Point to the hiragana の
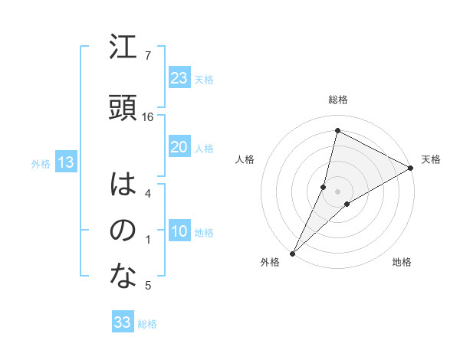pos(123,231)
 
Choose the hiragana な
pos(123,277)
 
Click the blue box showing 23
pos(179,78)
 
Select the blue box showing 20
pos(179,148)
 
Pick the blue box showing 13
pos(65,162)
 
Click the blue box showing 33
pos(123,322)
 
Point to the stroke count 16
pos(149,117)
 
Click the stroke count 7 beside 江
pos(147,56)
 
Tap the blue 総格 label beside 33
pos(147,324)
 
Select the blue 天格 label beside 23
pos(204,79)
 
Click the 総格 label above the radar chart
pos(337,100)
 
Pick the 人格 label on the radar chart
pos(245,159)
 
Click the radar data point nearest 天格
pos(411,169)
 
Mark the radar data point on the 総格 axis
pos(337,131)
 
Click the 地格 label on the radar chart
pos(402,263)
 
